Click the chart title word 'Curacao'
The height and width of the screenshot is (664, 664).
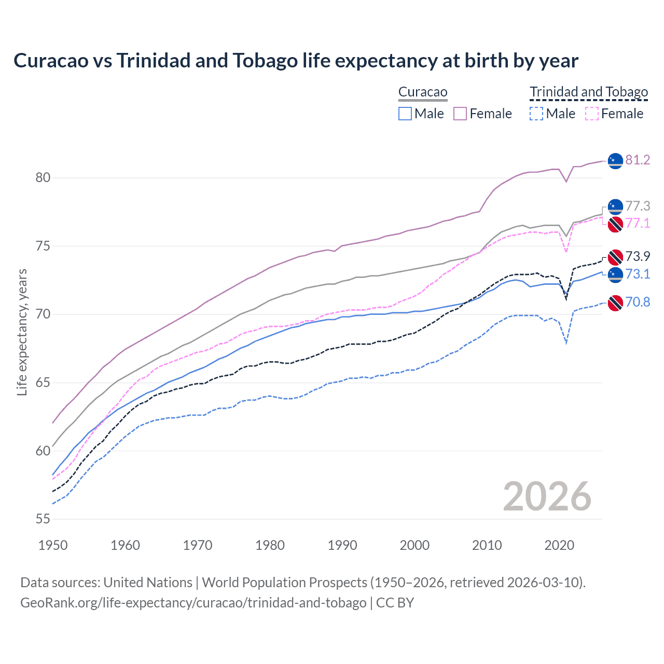point(51,61)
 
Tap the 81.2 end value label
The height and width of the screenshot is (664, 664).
point(638,160)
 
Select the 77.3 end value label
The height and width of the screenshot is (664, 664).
point(638,206)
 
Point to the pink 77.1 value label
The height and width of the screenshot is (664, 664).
point(638,223)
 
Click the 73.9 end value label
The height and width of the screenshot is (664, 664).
point(638,256)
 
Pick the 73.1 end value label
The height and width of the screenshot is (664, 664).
point(638,274)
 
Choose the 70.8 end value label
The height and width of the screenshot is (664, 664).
point(638,302)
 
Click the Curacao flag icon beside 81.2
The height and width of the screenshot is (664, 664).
point(615,161)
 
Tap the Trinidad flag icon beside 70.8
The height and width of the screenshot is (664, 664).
point(615,303)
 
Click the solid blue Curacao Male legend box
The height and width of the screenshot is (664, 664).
point(405,114)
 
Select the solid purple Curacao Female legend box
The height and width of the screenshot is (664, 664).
point(460,114)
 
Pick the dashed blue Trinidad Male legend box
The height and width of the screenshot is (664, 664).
point(536,114)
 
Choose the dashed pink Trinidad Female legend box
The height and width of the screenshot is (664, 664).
point(592,114)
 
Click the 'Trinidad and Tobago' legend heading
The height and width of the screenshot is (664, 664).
point(589,92)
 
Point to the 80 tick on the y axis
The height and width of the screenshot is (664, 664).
point(43,178)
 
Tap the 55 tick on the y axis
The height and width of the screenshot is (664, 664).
point(43,519)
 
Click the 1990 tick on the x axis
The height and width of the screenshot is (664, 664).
point(342,545)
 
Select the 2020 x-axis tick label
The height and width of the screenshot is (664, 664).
point(559,545)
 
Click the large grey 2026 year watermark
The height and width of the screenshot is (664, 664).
point(547,496)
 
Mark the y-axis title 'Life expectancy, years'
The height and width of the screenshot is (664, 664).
point(22,332)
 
